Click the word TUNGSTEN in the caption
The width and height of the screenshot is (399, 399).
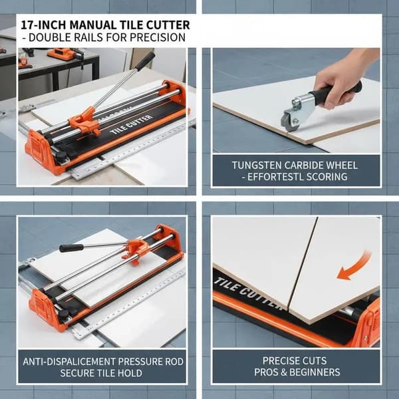256,166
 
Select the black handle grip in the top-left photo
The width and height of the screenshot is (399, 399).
145,61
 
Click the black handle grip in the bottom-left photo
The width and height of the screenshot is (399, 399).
71,248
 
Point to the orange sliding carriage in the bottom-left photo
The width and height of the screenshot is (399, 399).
136,250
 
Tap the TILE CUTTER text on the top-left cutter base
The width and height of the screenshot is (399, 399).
131,124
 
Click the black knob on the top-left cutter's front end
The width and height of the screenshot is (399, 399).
61,155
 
